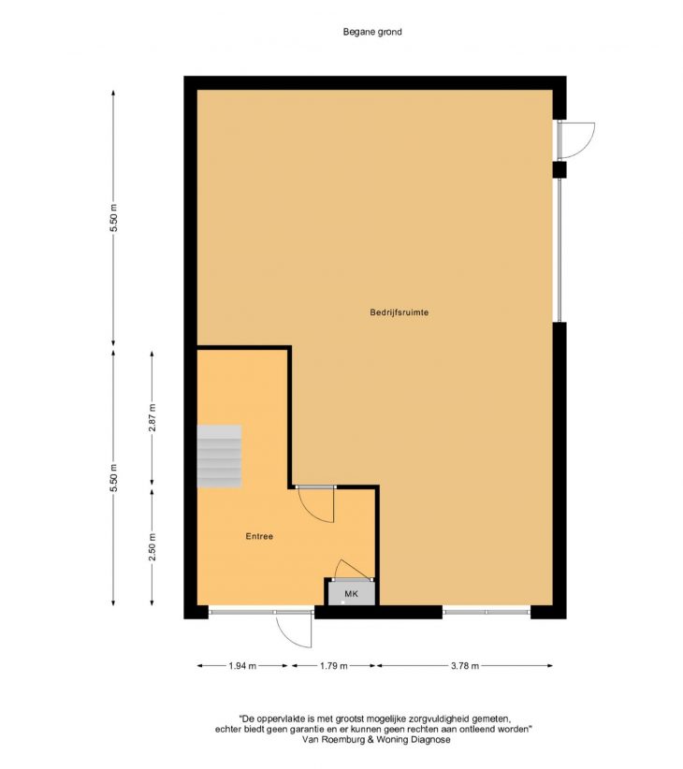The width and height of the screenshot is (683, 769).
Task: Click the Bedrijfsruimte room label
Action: pos(400,312)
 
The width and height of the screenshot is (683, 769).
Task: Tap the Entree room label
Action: pos(259,536)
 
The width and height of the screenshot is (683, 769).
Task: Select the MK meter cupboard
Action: pos(351,593)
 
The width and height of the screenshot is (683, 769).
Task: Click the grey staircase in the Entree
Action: pos(219,457)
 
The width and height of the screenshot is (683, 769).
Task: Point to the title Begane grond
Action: pos(372,32)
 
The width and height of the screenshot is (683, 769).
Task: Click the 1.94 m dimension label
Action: pos(242,665)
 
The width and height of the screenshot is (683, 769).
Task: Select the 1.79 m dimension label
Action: pos(334,665)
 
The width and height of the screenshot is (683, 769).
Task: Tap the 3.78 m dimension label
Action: pos(465,665)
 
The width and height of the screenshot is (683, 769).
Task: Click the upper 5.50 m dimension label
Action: pos(114,217)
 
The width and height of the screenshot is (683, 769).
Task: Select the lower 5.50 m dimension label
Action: pos(114,478)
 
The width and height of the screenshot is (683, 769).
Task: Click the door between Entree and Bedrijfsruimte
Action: pos(316,505)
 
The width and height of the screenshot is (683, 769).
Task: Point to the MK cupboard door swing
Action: pos(351,569)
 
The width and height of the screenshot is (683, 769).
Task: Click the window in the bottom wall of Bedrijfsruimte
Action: pos(487,612)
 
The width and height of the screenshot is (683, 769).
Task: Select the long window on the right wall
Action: pos(559,250)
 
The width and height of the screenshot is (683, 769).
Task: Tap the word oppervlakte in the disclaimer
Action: pos(283,719)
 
